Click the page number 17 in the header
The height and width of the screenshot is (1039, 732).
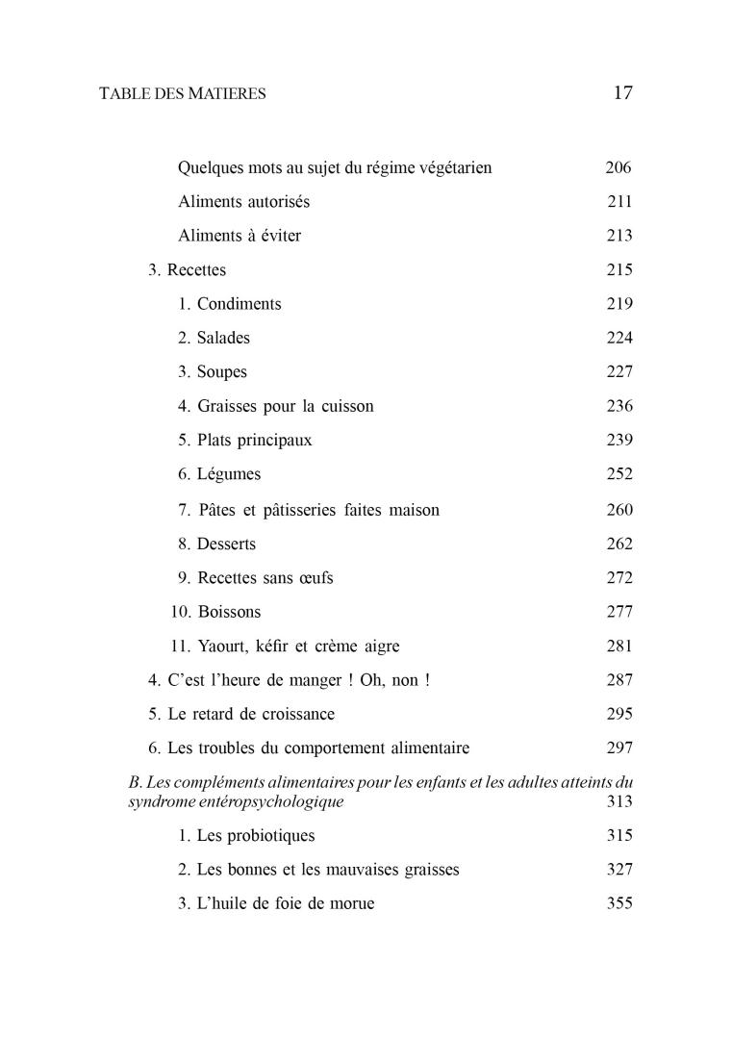[x=621, y=93]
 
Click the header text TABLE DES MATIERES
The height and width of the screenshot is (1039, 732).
[x=183, y=94]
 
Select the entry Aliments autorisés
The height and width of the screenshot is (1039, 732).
[x=243, y=202]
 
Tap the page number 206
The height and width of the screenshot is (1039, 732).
[x=618, y=167]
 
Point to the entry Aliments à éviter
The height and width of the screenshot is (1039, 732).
[x=240, y=236]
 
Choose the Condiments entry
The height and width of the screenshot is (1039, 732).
[x=239, y=304]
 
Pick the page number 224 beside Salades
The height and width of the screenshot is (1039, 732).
[x=619, y=339]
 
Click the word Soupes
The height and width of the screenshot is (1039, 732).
[x=222, y=372]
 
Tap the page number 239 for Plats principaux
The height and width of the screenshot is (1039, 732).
[x=619, y=440]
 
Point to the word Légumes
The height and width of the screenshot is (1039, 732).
[x=229, y=474]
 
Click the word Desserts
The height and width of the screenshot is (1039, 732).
[x=226, y=544]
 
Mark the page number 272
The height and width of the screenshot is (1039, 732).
[x=619, y=578]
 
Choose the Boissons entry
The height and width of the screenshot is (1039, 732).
[x=228, y=612]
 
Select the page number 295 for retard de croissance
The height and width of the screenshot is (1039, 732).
[x=619, y=714]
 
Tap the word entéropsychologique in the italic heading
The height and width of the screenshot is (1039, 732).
[x=268, y=801]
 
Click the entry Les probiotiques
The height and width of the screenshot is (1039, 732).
[x=255, y=835]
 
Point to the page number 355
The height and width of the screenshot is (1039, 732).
[x=619, y=903]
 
